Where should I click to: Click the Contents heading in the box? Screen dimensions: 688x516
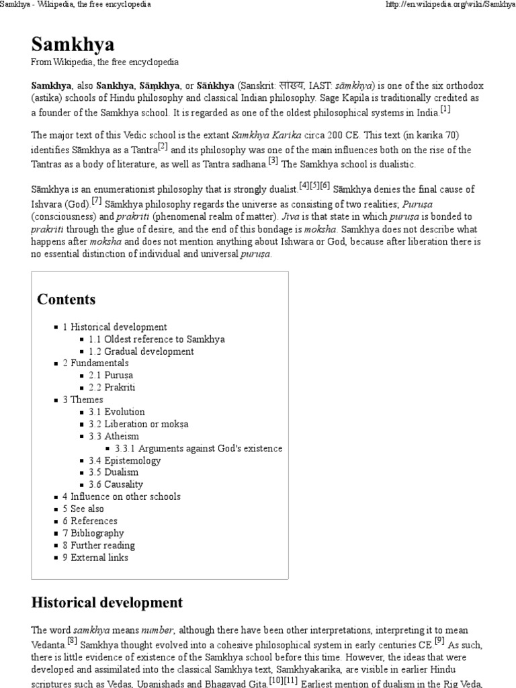[x=66, y=299]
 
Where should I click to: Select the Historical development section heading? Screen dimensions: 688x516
[x=107, y=602]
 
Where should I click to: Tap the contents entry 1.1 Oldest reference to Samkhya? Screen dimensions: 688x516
[x=156, y=339]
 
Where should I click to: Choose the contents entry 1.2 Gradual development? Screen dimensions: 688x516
[x=140, y=351]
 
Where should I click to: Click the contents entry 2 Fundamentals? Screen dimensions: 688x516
[x=95, y=363]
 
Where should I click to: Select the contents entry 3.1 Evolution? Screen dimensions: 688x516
[x=116, y=412]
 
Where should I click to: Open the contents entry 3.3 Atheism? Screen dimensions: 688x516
[x=114, y=436]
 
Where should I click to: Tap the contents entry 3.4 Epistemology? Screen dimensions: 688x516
[x=124, y=461]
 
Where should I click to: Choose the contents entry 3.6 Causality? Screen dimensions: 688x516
[x=116, y=484]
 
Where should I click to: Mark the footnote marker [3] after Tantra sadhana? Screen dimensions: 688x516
[x=273, y=161]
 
